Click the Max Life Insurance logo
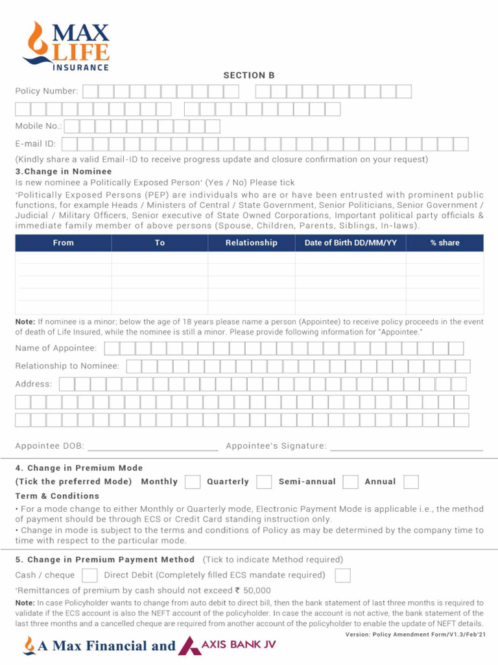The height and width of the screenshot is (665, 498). click(x=65, y=45)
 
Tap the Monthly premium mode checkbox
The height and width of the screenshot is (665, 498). click(x=192, y=482)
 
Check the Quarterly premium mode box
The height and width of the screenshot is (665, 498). click(x=264, y=482)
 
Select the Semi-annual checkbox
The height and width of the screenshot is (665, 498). click(x=351, y=482)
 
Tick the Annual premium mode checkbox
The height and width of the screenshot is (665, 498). click(x=410, y=482)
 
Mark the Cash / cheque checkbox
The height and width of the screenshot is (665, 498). click(x=90, y=575)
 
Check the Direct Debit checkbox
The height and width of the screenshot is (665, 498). click(x=342, y=575)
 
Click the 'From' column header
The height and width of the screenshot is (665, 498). click(x=64, y=243)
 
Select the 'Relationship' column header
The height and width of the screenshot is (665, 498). click(x=251, y=243)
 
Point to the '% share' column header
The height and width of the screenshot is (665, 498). click(x=445, y=243)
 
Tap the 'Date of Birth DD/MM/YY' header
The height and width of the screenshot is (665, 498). click(x=351, y=243)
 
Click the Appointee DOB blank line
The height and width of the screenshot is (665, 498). click(x=152, y=447)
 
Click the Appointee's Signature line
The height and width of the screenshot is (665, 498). click(x=407, y=447)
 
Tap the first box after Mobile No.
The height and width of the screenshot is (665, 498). click(x=72, y=126)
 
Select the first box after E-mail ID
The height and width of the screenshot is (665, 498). click(x=69, y=144)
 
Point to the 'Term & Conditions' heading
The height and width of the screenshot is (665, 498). click(x=57, y=496)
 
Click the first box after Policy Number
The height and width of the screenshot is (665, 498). click(x=90, y=92)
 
